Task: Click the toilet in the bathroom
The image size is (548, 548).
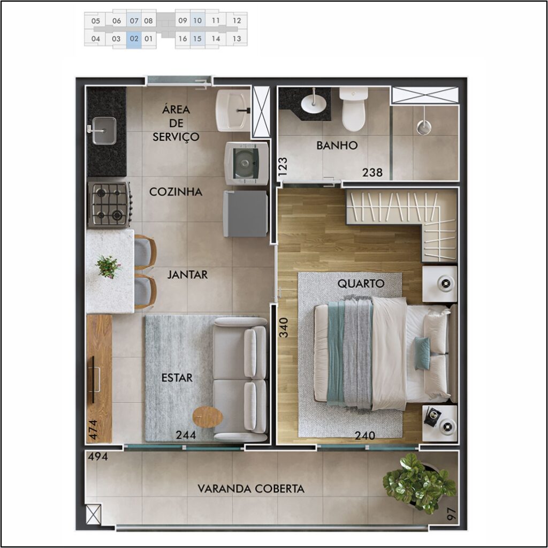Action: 354,109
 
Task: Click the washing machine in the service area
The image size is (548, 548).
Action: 246,163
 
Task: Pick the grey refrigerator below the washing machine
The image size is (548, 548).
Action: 245,214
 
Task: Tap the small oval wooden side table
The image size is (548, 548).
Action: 208,416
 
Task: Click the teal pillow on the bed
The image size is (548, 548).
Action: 422,353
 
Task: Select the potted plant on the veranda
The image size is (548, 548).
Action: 418,484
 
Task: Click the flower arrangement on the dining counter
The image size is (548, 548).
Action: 108,267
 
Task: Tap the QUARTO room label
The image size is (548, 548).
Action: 361,284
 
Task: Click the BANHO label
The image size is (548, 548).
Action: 337,145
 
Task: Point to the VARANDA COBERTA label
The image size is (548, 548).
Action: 251,489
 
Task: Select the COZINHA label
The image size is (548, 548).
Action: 176,192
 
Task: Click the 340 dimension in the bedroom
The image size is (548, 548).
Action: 284,328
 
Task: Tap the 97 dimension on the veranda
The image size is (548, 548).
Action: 452,514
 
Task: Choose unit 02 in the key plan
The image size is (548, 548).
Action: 134,39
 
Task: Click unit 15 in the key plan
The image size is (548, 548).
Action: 197,39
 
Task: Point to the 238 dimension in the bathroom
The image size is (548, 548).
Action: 372,173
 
